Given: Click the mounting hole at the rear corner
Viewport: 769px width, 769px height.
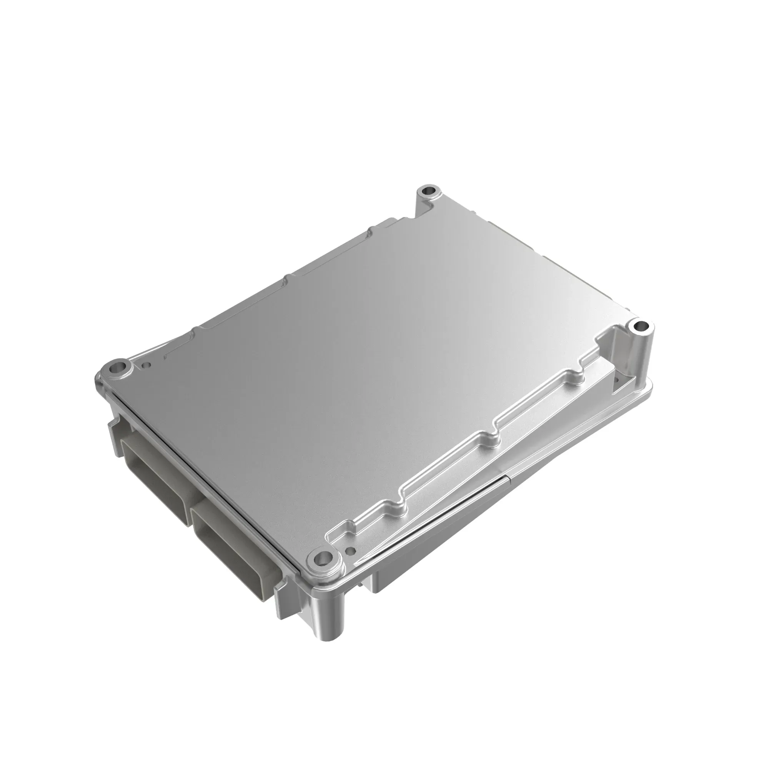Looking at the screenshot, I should pyautogui.click(x=429, y=191).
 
